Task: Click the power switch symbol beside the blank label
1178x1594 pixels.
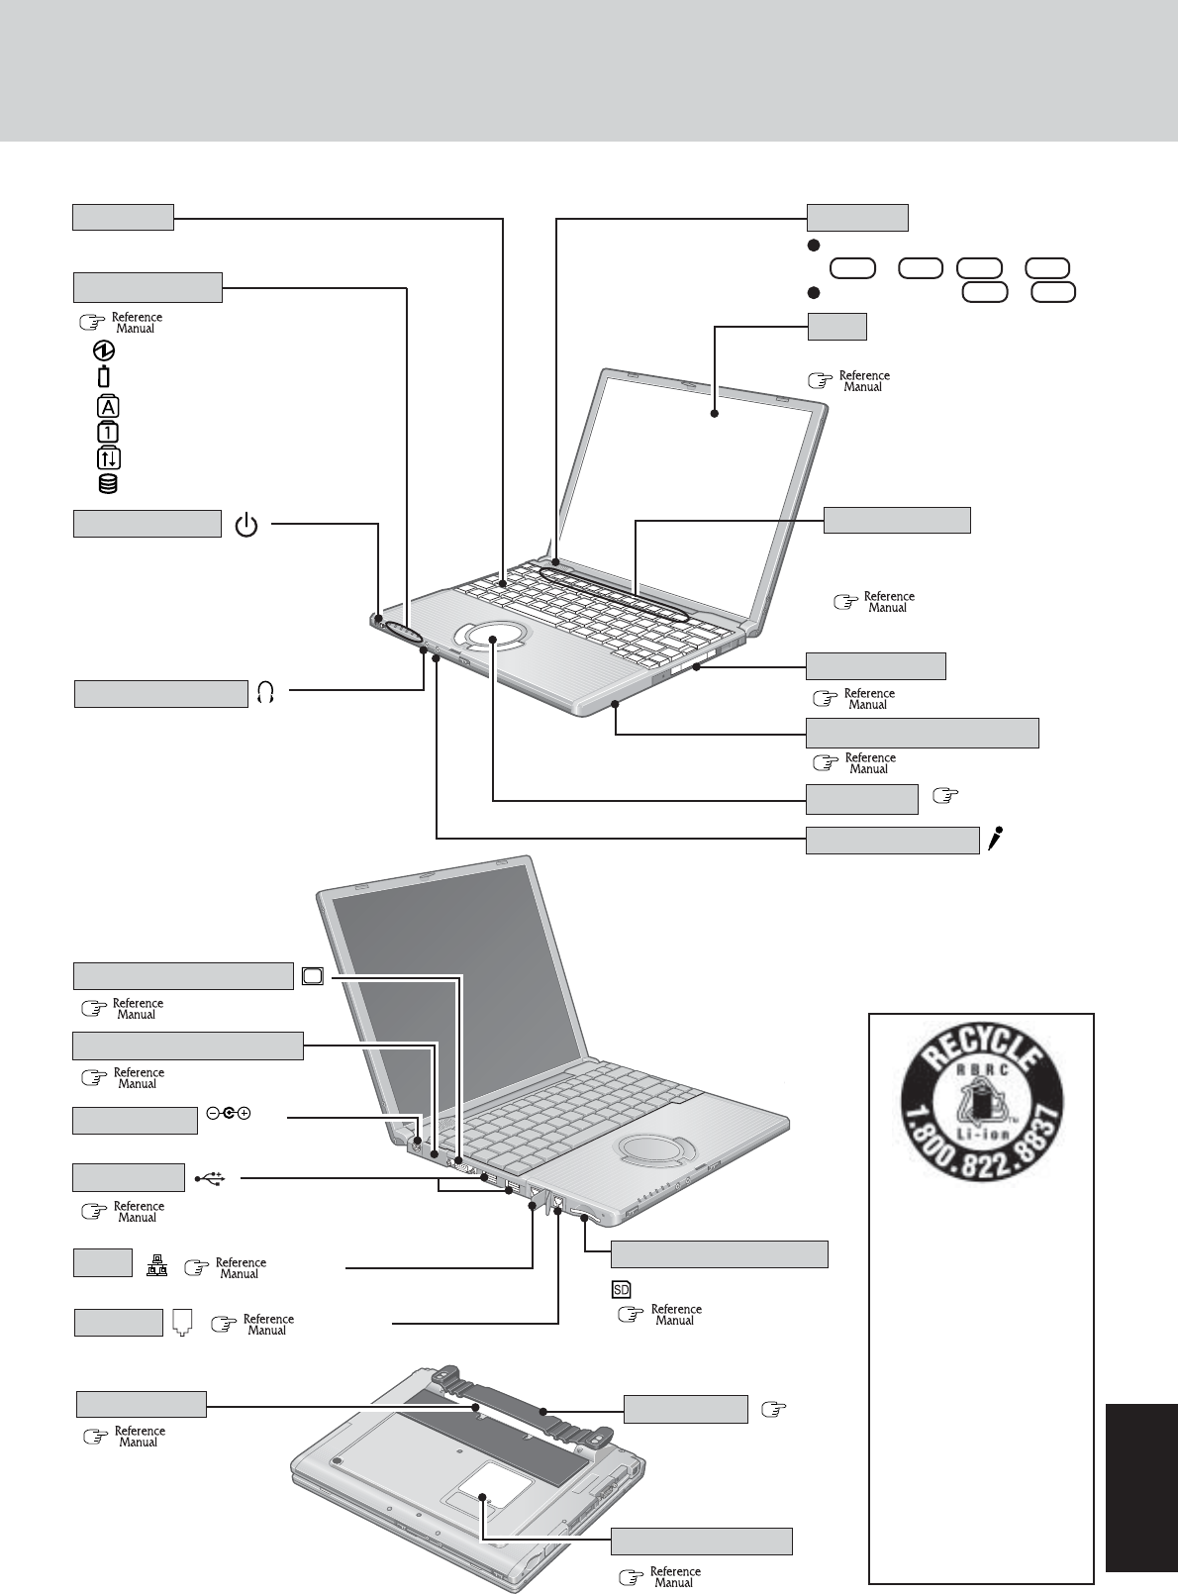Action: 246,526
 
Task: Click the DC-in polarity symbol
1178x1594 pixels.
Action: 227,1113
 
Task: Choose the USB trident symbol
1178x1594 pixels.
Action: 211,1178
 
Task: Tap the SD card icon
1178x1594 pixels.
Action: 621,1289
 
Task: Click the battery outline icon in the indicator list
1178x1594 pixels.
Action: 105,377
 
